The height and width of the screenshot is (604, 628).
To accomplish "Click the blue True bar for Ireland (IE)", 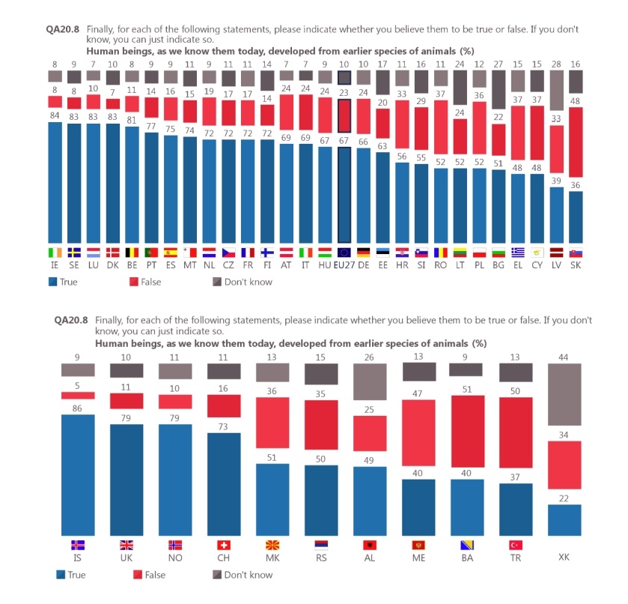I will [x=55, y=181].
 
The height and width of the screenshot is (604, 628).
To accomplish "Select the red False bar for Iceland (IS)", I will [x=78, y=395].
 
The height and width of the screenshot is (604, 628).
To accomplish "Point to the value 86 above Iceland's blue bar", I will [x=77, y=408].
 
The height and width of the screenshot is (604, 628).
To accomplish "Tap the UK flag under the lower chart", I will [x=126, y=545].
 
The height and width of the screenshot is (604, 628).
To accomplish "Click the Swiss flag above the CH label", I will [x=223, y=545].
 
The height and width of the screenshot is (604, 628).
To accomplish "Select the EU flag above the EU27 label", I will [x=344, y=253].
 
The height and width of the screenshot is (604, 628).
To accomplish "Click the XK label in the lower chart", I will [x=565, y=558].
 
